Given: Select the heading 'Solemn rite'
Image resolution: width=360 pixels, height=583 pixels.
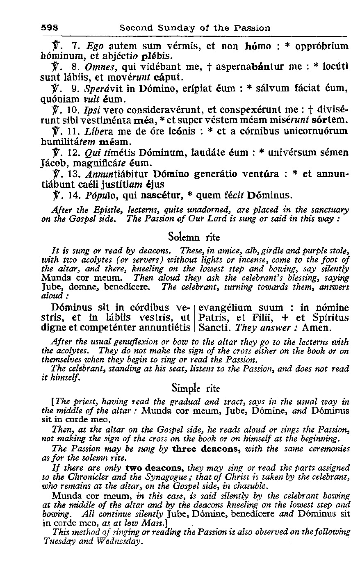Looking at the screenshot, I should point(189,237).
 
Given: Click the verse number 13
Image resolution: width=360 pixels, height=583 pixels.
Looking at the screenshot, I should point(67,174).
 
